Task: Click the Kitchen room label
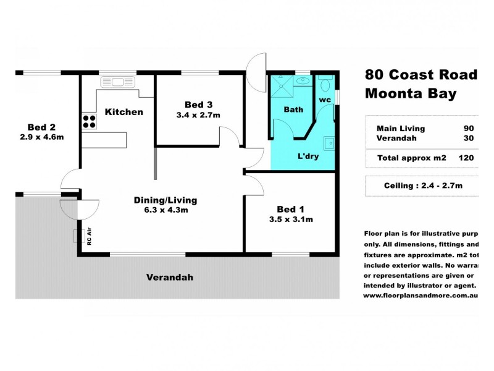point(124,112)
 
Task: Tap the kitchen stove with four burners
point(89,121)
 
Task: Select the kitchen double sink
point(113,80)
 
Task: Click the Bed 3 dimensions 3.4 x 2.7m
point(198,115)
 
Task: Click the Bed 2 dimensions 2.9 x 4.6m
point(42,137)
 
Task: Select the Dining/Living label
point(165,200)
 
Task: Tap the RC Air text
point(90,238)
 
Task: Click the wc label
point(325,100)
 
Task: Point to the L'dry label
point(308,156)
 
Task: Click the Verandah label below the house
point(169,278)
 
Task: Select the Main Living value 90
point(469,129)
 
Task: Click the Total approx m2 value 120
point(466,158)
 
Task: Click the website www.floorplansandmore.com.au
point(420,296)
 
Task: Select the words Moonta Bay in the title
point(411,94)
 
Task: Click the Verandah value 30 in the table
point(469,139)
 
